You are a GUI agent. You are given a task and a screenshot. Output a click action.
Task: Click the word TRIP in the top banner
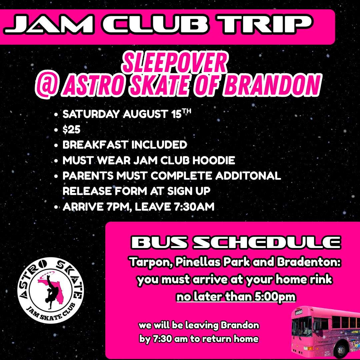[x=265, y=24]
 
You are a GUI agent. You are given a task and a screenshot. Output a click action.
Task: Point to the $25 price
[x=71, y=130]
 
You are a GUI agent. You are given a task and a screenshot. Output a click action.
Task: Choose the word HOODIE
[x=214, y=160]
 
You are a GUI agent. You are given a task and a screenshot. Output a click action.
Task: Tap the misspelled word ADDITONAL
[x=248, y=176]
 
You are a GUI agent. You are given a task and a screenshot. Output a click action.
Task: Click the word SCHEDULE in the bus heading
[x=267, y=242]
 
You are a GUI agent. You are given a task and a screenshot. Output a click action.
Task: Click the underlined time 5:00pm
[x=275, y=297]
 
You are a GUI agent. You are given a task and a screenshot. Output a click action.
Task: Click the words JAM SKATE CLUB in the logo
[x=51, y=313]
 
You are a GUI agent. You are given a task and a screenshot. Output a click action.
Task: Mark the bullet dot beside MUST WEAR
[x=56, y=161]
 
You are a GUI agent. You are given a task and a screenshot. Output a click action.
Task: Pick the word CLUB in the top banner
[x=155, y=24]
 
